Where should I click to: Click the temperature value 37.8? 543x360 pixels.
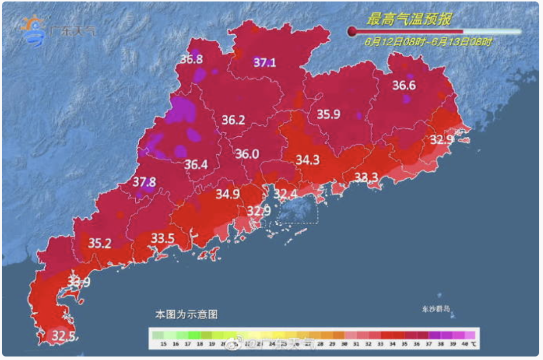tap(144, 182)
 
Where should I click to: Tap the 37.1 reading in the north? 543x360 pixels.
tap(264, 63)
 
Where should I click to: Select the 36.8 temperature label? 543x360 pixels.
tap(192, 59)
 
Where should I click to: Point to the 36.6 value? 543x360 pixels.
tap(404, 85)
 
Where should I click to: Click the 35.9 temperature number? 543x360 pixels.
tap(328, 114)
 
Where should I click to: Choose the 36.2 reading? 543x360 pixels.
tap(233, 120)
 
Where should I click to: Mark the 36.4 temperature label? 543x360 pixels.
tap(195, 164)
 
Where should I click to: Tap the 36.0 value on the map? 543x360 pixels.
tap(247, 154)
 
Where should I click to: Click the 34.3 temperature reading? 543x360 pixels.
tap(307, 160)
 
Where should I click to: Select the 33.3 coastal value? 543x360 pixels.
tap(367, 177)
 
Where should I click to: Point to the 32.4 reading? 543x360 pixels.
tap(286, 194)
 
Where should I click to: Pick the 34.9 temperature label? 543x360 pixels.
tap(228, 194)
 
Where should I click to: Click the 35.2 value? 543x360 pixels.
tap(100, 243)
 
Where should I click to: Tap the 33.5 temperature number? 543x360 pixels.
tap(162, 238)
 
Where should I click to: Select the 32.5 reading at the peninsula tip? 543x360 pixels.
tap(64, 335)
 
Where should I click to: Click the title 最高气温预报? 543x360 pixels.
tap(409, 20)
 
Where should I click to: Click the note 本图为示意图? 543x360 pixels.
tap(186, 315)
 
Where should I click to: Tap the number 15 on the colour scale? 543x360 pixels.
tap(163, 344)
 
